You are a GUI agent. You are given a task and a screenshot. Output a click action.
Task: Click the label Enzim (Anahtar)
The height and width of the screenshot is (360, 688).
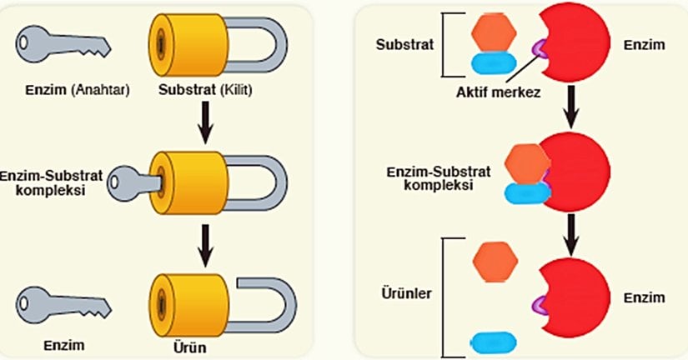coord(76,90)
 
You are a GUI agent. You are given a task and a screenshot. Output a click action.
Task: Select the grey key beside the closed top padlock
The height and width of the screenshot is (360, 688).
coord(63,42)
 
